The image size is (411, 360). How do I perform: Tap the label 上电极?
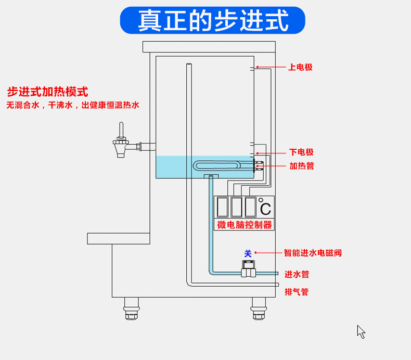tap(300, 67)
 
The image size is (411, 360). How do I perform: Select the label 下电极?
tap(301, 152)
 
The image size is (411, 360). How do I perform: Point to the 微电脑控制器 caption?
tap(244, 225)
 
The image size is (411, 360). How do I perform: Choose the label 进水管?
tap(297, 274)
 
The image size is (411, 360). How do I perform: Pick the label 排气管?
tap(297, 292)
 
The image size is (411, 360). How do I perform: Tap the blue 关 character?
tap(248, 253)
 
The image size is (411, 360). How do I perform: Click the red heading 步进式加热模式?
tap(47, 92)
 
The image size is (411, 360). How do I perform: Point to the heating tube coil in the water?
tap(217, 166)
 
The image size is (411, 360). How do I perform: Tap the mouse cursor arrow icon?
tap(361, 331)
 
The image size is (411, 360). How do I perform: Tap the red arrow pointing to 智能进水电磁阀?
tap(268, 253)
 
